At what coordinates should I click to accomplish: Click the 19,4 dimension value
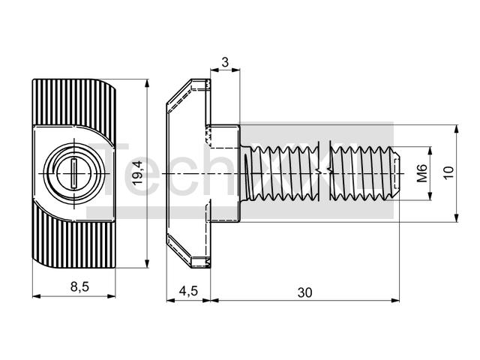tap(138, 173)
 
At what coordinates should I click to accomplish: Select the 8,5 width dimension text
tap(79, 286)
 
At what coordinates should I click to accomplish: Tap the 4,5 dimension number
tap(188, 291)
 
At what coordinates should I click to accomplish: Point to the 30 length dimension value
tap(305, 292)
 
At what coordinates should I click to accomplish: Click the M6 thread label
tap(422, 173)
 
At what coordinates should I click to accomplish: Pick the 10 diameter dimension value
tap(448, 173)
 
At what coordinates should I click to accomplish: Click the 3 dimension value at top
tap(225, 62)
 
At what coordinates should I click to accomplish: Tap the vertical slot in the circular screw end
tap(74, 173)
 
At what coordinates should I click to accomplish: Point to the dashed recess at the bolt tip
tap(397, 173)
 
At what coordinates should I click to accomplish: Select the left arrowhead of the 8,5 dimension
tap(37, 296)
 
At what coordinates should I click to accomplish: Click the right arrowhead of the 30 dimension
tap(395, 301)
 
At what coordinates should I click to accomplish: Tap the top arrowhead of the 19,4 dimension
tap(147, 83)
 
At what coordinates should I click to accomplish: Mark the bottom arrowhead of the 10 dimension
tap(456, 217)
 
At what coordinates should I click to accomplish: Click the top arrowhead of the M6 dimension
tap(430, 151)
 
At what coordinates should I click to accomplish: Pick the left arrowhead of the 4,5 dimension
tap(170, 301)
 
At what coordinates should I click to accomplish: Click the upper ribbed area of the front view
tap(74, 102)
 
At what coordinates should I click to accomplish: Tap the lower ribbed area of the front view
tap(74, 243)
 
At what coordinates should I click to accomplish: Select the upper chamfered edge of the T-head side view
tap(179, 91)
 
